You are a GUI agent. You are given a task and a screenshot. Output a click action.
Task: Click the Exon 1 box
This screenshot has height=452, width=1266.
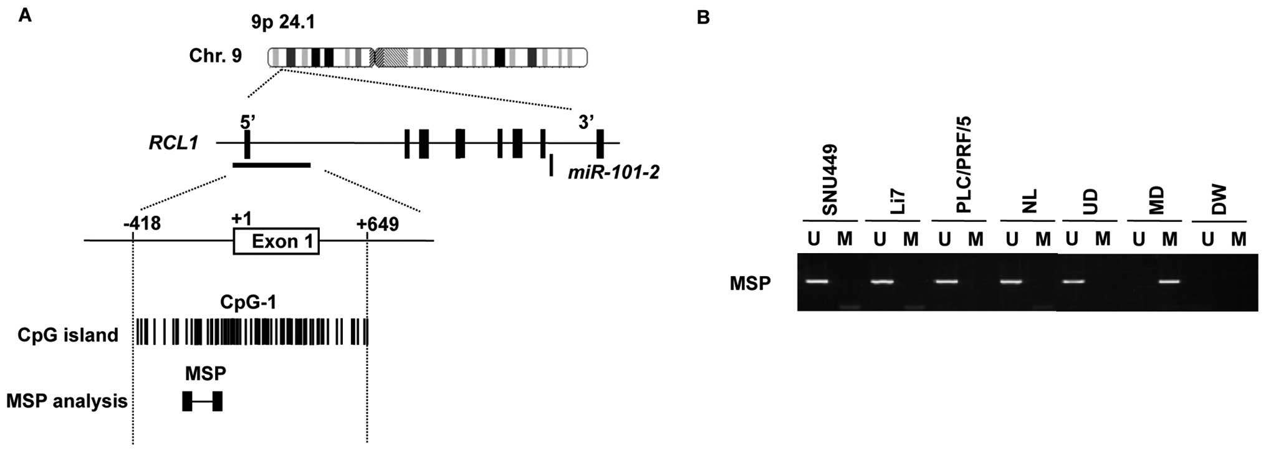pyautogui.click(x=276, y=241)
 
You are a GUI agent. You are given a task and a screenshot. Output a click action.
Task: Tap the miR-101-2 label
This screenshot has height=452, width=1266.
pyautogui.click(x=613, y=172)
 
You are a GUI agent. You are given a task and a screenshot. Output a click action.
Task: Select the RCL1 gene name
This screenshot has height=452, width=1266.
pyautogui.click(x=173, y=143)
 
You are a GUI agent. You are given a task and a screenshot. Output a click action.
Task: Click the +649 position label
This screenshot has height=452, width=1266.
pyautogui.click(x=378, y=223)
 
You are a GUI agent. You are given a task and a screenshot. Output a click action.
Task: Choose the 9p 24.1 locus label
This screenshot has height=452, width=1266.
pyautogui.click(x=283, y=22)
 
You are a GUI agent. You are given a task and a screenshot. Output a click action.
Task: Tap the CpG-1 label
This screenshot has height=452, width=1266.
pyautogui.click(x=248, y=302)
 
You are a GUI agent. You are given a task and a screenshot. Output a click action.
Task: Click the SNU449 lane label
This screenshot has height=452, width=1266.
pyautogui.click(x=830, y=181)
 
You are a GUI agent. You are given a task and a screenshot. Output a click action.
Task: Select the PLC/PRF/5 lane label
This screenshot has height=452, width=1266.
pyautogui.click(x=963, y=165)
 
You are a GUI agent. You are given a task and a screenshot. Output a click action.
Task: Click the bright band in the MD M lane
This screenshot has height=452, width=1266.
pyautogui.click(x=1170, y=281)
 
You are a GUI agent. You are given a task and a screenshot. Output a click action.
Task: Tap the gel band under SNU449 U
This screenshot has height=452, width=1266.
pyautogui.click(x=816, y=281)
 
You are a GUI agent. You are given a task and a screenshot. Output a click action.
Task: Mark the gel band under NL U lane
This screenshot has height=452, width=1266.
pyautogui.click(x=1012, y=281)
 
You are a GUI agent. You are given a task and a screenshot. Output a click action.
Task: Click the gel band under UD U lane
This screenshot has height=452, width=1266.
pyautogui.click(x=1072, y=281)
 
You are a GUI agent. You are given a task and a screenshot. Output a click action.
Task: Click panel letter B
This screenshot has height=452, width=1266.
pyautogui.click(x=703, y=17)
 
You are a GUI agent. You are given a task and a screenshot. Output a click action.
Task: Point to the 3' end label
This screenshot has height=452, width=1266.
pyautogui.click(x=585, y=123)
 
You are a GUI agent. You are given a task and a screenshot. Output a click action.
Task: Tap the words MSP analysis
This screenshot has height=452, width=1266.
pyautogui.click(x=67, y=401)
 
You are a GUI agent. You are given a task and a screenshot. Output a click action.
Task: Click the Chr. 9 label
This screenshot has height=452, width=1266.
pyautogui.click(x=215, y=56)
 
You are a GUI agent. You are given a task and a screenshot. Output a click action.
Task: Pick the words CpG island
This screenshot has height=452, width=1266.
pyautogui.click(x=67, y=335)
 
